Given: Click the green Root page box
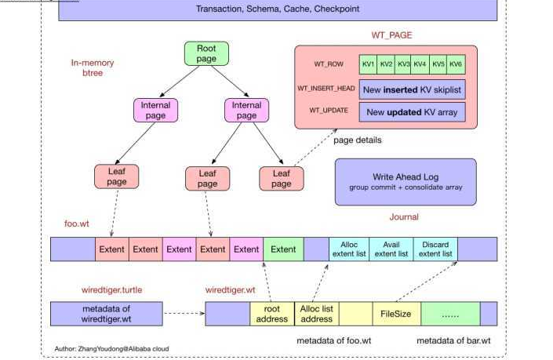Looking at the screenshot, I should coord(206,53).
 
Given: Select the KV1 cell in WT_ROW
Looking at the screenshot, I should coord(368,64).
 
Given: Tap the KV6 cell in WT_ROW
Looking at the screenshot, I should coord(457,64).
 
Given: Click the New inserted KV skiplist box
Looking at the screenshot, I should coord(412,89).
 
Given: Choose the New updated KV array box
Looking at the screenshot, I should coord(412,112).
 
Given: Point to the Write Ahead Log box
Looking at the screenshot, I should coord(405,182).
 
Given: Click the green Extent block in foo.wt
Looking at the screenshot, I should coord(283,249).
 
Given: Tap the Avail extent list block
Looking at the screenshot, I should coord(391,249).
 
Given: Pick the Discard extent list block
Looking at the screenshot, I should coord(435,249).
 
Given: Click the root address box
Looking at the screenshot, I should coord(272,314).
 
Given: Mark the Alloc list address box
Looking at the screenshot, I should coord(317,314).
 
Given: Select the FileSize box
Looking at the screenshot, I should coord(396,314).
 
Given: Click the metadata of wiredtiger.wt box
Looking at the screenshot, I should coord(107,314).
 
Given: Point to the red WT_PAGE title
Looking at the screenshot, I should coord(391,36).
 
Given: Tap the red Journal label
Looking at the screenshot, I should coord(404,217).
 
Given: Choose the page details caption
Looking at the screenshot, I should coord(358,140).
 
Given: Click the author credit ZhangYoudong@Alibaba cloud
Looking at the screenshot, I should coord(111,348).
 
